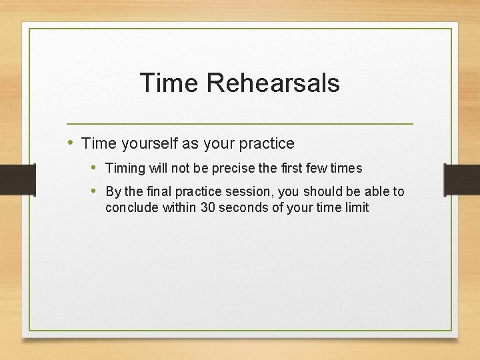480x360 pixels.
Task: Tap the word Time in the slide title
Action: pyautogui.click(x=169, y=83)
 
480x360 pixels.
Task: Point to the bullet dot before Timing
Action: pyautogui.click(x=95, y=167)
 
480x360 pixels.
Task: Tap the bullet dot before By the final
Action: pyautogui.click(x=95, y=191)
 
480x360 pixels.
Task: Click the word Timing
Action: pyautogui.click(x=124, y=168)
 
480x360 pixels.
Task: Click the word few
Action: pyautogui.click(x=317, y=168)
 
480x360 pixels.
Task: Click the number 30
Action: pyautogui.click(x=208, y=207)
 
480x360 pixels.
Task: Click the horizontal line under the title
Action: pyautogui.click(x=240, y=124)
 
